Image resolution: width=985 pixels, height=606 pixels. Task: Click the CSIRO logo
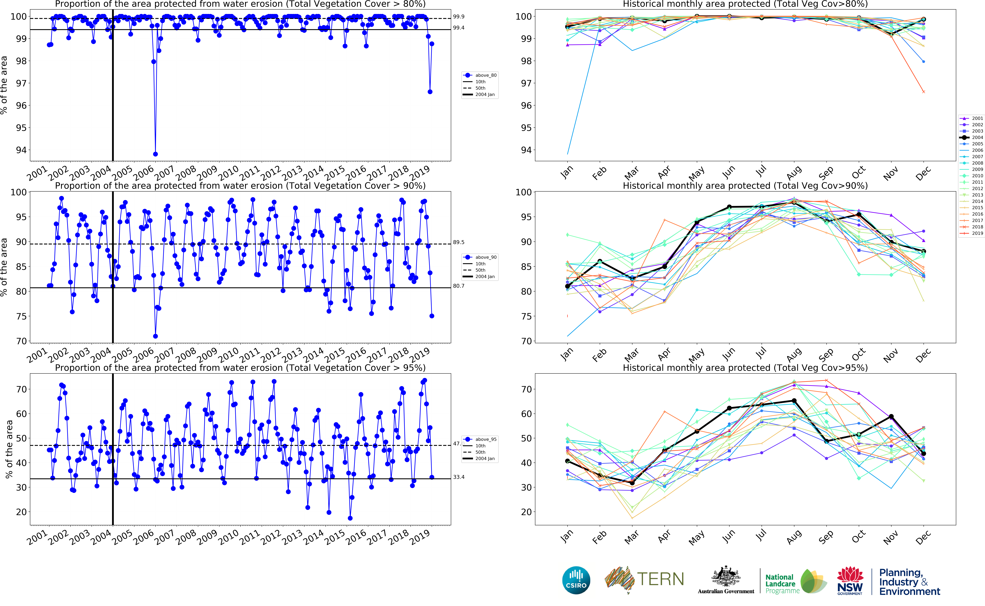tap(576, 580)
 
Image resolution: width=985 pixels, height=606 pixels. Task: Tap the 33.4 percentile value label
tap(459, 477)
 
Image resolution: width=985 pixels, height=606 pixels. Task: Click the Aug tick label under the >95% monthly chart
tap(794, 537)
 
